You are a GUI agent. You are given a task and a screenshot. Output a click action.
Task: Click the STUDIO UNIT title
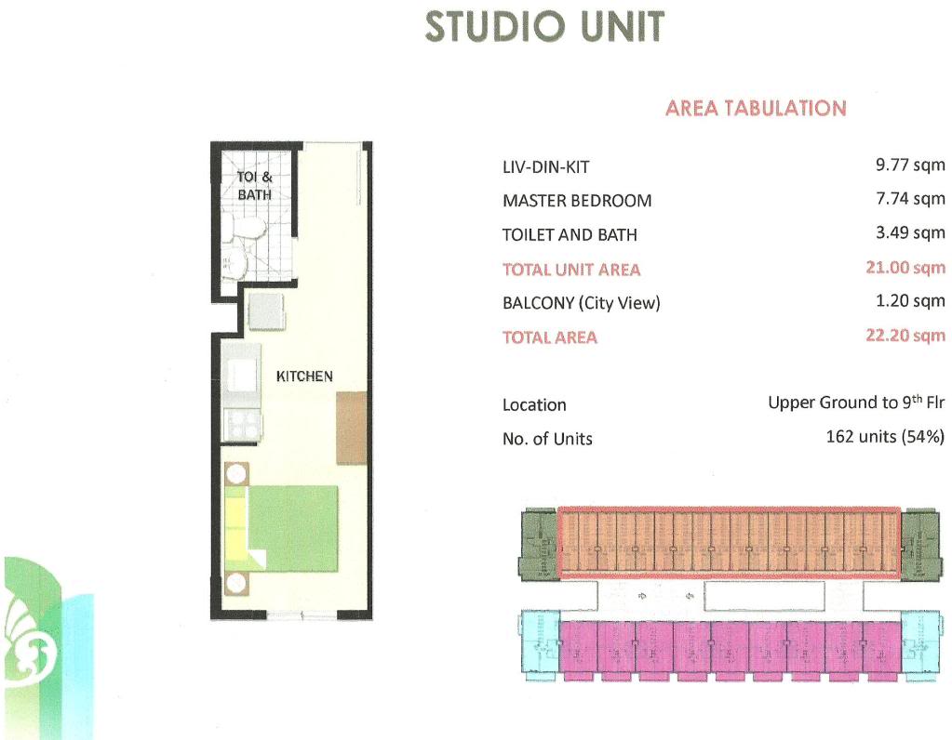tap(544, 27)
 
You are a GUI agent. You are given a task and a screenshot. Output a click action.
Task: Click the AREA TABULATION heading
tap(756, 108)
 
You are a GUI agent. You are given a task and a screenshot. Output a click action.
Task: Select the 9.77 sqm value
tap(910, 165)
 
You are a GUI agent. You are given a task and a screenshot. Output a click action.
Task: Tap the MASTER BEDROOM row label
tap(577, 201)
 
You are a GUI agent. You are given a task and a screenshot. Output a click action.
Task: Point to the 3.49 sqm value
tap(910, 233)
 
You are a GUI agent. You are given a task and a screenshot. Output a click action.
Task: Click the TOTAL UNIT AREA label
tap(571, 270)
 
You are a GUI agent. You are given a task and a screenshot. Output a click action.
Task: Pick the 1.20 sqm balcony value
tap(910, 301)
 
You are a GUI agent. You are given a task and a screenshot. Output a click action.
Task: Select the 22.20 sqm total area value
tap(905, 336)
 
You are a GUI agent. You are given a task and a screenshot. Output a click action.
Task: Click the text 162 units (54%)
tap(885, 437)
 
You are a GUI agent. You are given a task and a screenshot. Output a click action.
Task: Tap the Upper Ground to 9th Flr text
tap(856, 403)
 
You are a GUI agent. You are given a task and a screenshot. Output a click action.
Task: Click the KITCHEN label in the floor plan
tap(304, 377)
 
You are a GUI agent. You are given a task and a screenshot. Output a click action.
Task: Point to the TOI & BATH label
tap(254, 186)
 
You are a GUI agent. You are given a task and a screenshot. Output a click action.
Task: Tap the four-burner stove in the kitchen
tap(243, 424)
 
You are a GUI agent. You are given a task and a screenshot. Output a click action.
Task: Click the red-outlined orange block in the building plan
tap(729, 541)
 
